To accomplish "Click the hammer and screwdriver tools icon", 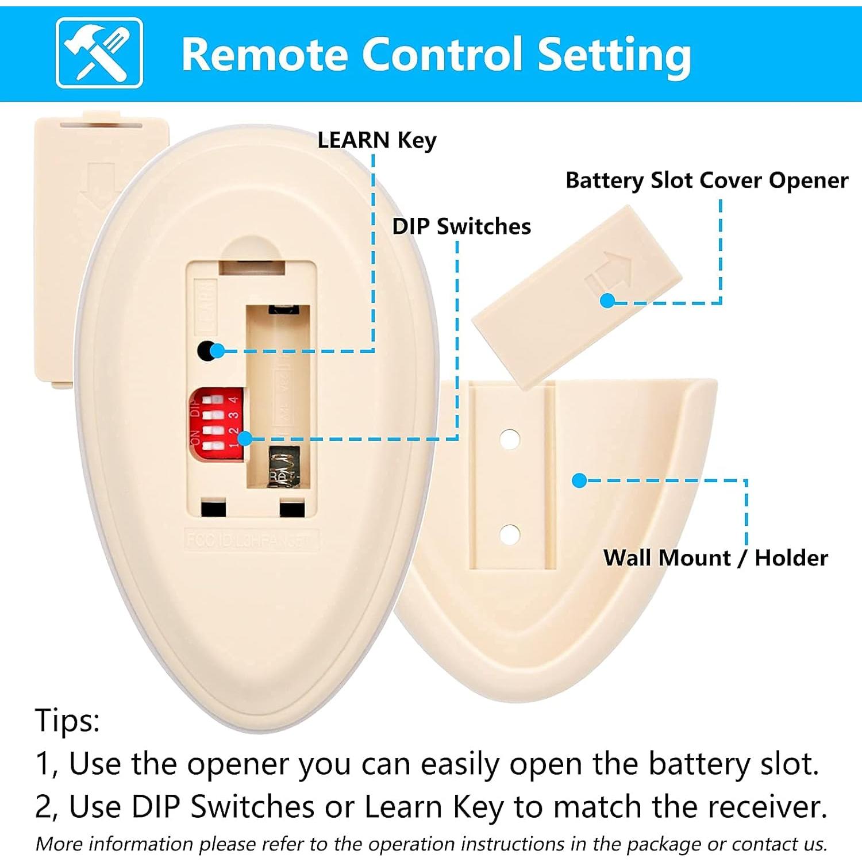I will (x=99, y=53).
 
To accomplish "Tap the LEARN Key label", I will (x=376, y=140).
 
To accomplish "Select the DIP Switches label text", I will (x=461, y=226).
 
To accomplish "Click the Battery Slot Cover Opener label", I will (x=706, y=180).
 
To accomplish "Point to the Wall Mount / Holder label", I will (x=715, y=558).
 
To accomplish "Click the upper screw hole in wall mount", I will (x=509, y=439).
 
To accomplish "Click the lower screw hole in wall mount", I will (x=509, y=534).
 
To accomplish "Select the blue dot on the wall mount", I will (x=579, y=480).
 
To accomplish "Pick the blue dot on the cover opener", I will (x=607, y=300).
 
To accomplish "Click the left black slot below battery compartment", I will (x=213, y=508).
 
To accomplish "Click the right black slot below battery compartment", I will (x=291, y=509).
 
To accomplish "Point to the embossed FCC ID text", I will (x=251, y=541).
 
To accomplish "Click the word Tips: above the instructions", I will (x=67, y=720).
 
